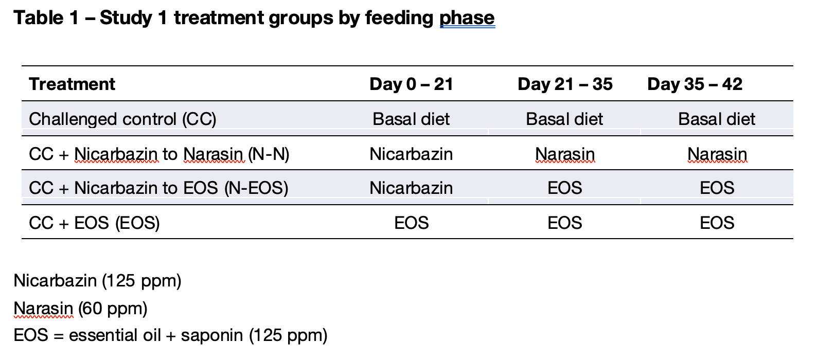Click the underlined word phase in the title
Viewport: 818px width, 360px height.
click(x=467, y=18)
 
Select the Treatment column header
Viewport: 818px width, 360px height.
click(x=72, y=84)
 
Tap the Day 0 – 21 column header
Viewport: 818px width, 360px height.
click(x=411, y=84)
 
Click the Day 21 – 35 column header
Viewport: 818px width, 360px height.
click(x=565, y=84)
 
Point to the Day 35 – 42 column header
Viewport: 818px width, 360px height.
click(x=695, y=84)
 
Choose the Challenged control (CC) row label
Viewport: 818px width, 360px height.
click(x=122, y=119)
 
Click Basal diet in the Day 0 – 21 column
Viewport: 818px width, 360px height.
click(x=411, y=119)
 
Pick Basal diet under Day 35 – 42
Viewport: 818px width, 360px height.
click(x=717, y=119)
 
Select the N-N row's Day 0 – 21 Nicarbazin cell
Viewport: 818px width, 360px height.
click(x=411, y=154)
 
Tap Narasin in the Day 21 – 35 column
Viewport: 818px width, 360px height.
click(x=565, y=154)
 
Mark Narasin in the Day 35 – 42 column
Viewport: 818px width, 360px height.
click(x=717, y=154)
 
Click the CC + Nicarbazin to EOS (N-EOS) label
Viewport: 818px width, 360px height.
click(x=158, y=188)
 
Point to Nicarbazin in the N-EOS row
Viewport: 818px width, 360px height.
click(x=411, y=188)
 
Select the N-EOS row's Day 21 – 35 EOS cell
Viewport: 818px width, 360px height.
click(x=565, y=188)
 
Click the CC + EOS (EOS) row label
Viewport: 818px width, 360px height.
click(x=94, y=223)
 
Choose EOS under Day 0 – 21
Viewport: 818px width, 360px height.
click(x=412, y=223)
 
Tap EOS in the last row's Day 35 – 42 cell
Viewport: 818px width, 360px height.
click(x=717, y=223)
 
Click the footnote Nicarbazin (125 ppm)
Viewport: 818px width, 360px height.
click(x=98, y=281)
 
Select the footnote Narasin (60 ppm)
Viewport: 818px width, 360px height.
click(x=80, y=309)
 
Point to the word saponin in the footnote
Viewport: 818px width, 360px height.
click(x=212, y=335)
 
